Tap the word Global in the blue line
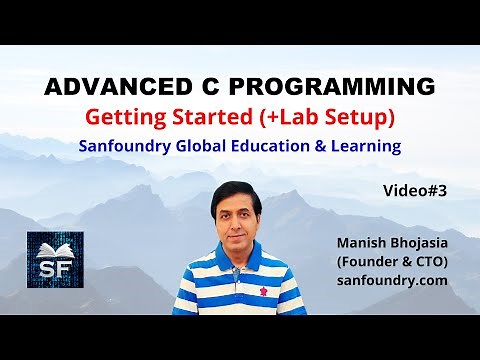point(209,146)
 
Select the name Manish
point(363,242)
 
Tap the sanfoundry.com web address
point(391,282)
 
